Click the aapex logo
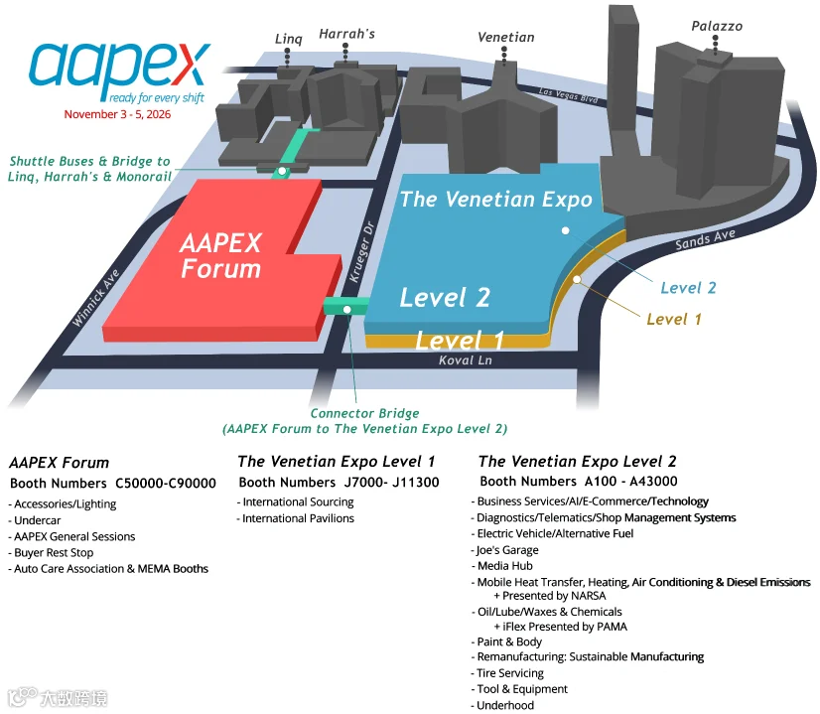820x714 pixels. (119, 71)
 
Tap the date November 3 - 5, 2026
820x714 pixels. (117, 114)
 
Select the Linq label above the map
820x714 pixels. (289, 39)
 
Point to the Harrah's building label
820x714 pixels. (346, 34)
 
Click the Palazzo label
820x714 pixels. (717, 26)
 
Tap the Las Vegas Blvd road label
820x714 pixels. (568, 94)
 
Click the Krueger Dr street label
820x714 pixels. (362, 251)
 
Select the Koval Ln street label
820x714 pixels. (465, 359)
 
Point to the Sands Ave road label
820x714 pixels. (705, 239)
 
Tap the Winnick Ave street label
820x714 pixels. (95, 298)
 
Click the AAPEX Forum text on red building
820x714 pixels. (220, 256)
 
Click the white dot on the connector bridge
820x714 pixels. (346, 310)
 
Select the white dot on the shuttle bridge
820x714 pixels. (282, 171)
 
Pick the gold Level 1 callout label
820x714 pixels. (673, 319)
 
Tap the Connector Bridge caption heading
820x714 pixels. (364, 413)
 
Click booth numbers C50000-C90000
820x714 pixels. (165, 484)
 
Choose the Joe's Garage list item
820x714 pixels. (504, 550)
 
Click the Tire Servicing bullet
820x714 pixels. (507, 673)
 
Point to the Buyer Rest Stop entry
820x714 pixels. (51, 553)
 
